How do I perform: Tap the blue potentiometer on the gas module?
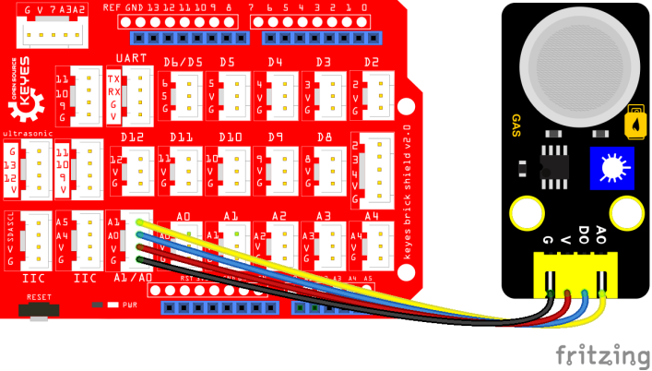click(x=611, y=167)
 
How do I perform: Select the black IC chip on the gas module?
click(x=554, y=162)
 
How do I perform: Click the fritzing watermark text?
click(x=602, y=355)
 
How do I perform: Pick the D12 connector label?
click(x=132, y=138)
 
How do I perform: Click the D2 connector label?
click(x=372, y=62)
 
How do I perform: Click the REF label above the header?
click(x=113, y=7)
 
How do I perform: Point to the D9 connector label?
click(x=275, y=138)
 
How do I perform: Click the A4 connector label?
click(x=372, y=216)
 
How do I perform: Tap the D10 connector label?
click(x=230, y=138)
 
